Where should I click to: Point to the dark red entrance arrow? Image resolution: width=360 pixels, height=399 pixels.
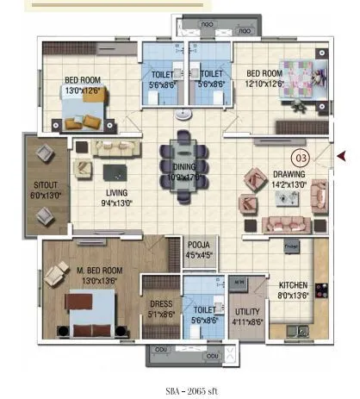(340, 155)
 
